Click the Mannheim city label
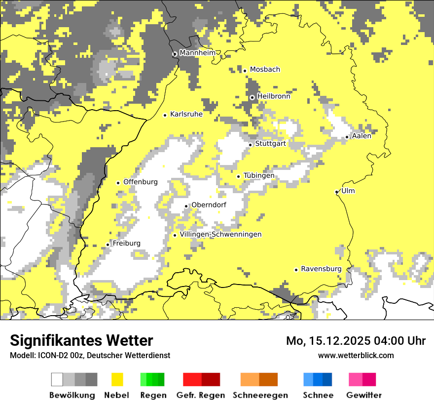click(198, 53)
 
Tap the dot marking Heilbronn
click(252, 97)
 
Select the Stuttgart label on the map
click(271, 144)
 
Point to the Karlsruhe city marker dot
click(165, 115)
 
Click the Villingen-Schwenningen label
click(220, 234)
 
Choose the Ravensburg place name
click(321, 269)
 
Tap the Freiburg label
click(126, 243)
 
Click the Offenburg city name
click(141, 182)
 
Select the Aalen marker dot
click(347, 137)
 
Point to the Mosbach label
click(265, 70)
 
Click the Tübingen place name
click(259, 175)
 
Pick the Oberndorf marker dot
click(186, 206)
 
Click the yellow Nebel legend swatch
click(117, 379)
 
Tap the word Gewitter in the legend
click(364, 395)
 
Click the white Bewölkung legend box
click(57, 379)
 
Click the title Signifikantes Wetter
click(81, 340)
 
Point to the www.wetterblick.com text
click(356, 355)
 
